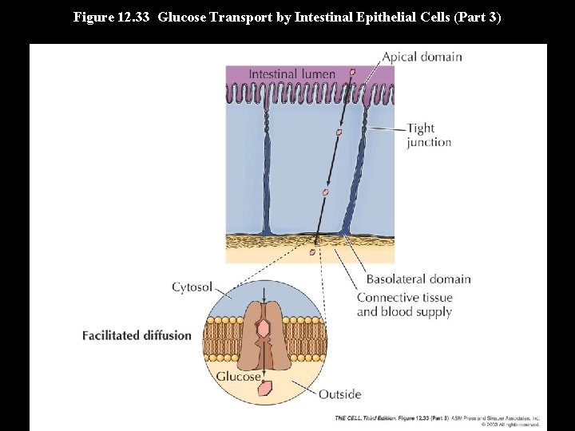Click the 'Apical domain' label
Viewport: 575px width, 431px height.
click(422, 57)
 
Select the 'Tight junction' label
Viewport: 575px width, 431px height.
click(429, 135)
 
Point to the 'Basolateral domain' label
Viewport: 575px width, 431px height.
click(418, 279)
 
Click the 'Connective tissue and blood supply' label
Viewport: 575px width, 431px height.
click(404, 304)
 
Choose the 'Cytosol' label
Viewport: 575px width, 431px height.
click(192, 287)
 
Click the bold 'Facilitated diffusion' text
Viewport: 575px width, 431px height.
click(137, 335)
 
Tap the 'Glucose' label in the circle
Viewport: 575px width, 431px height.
click(238, 376)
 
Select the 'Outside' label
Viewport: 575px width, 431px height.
click(339, 393)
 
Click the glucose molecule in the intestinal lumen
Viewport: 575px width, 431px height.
click(352, 72)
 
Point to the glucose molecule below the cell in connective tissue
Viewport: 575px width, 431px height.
click(312, 252)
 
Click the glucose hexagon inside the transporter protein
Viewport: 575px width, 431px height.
click(263, 327)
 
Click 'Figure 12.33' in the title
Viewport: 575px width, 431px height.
click(112, 16)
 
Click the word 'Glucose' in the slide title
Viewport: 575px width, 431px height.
click(184, 16)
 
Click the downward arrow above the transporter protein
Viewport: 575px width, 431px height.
click(264, 291)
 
